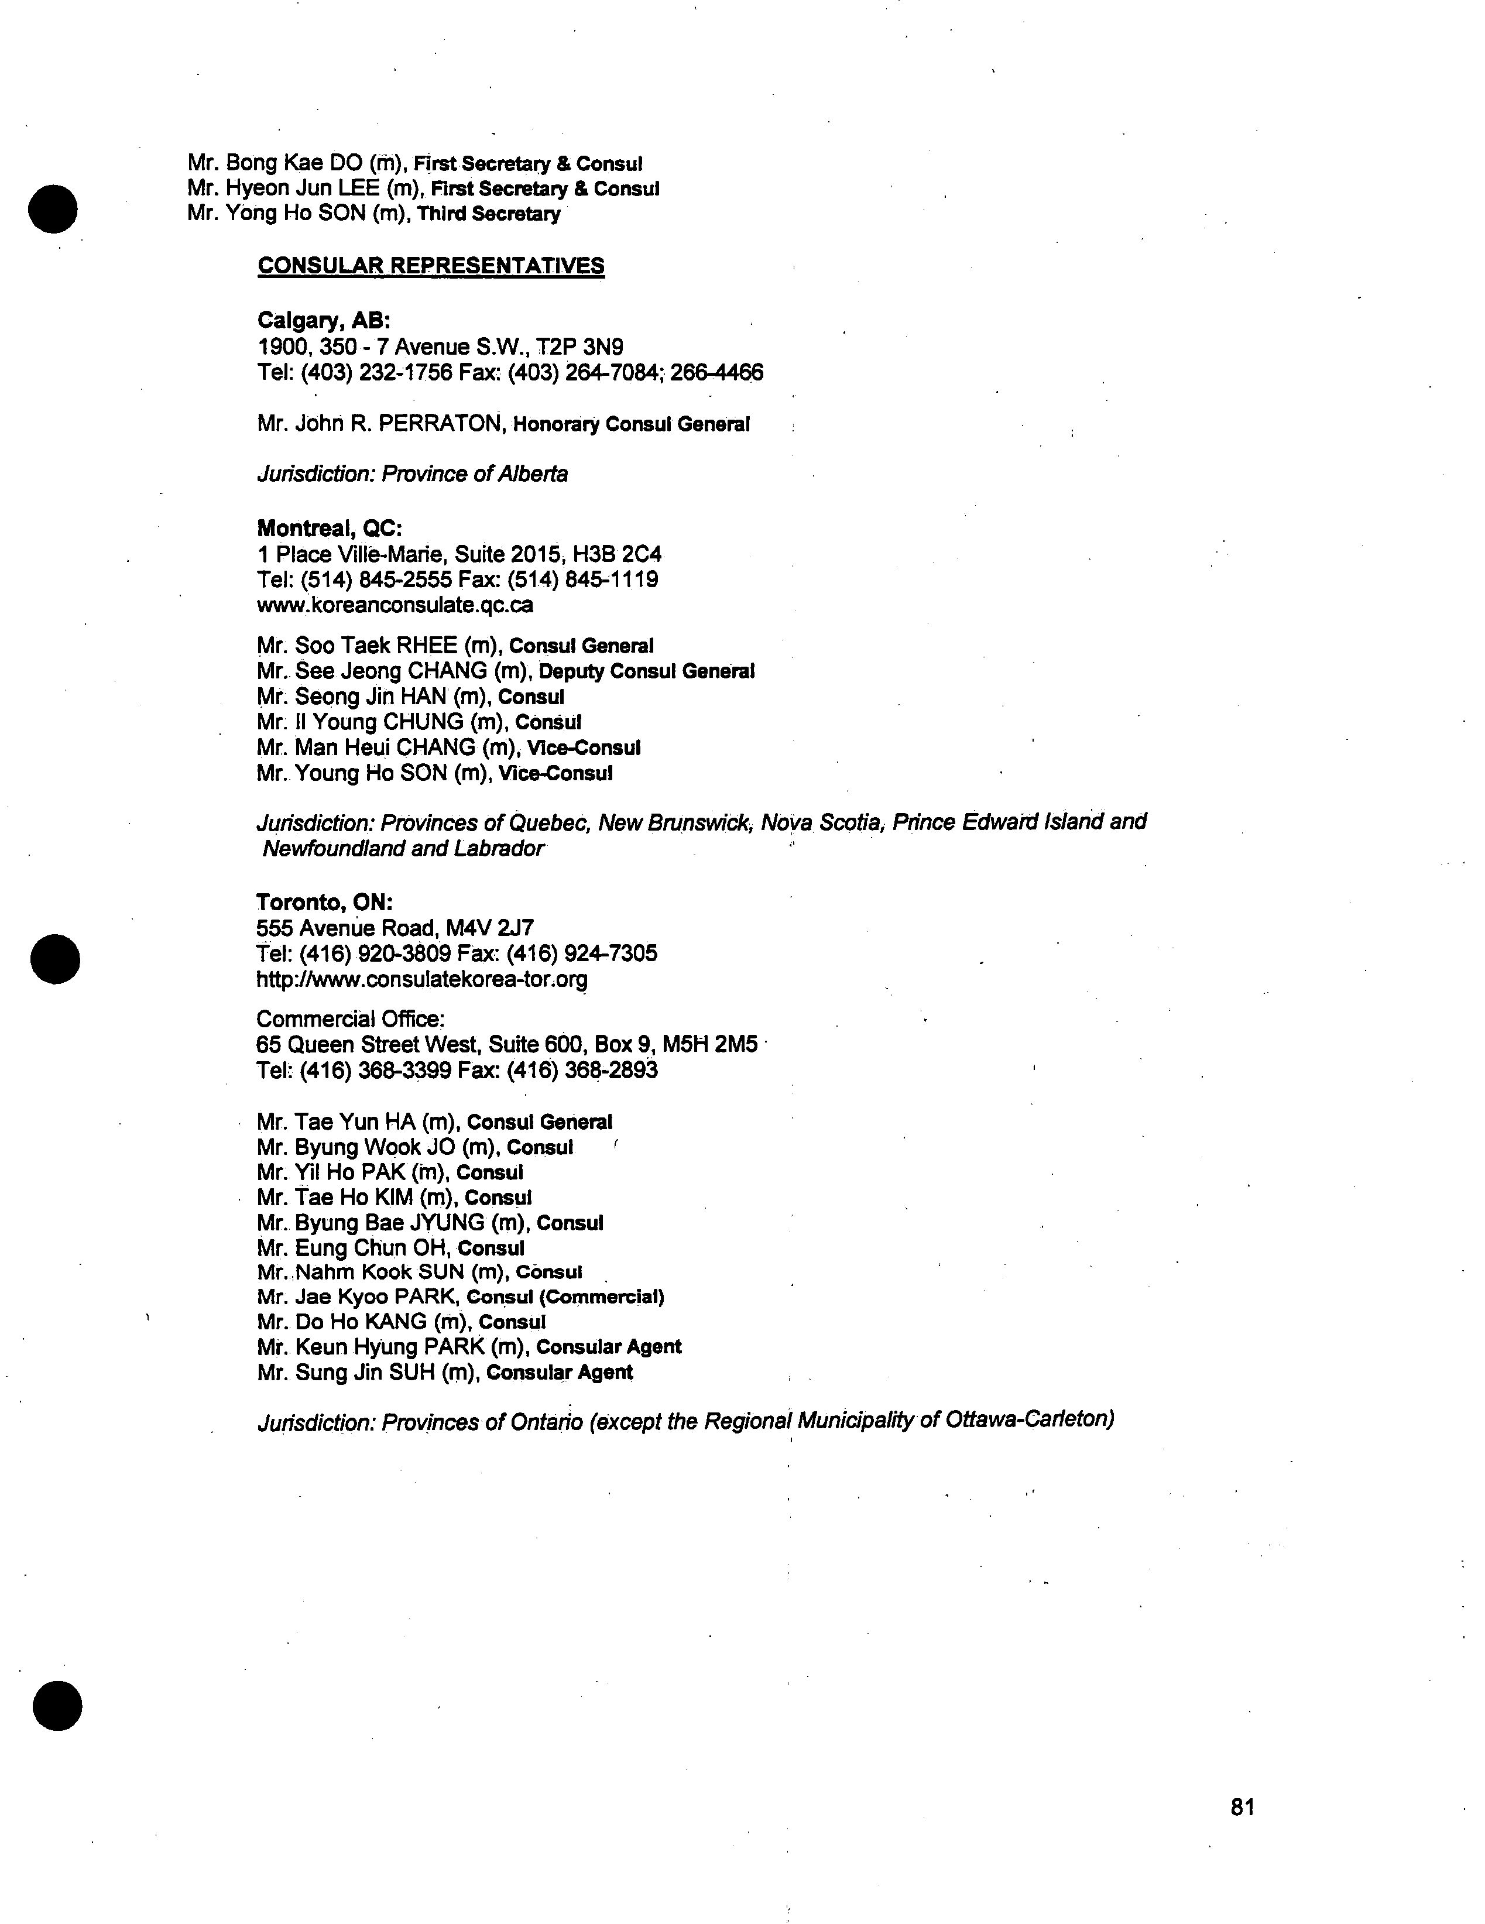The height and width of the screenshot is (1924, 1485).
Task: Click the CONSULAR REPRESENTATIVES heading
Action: point(431,266)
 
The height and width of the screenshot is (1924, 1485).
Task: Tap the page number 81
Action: point(1242,1807)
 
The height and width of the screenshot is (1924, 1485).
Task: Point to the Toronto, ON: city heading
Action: point(324,902)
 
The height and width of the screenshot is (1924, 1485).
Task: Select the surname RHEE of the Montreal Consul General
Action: point(427,646)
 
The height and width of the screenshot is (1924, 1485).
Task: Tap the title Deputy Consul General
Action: point(646,671)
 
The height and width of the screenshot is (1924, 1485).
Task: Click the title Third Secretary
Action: point(489,214)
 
